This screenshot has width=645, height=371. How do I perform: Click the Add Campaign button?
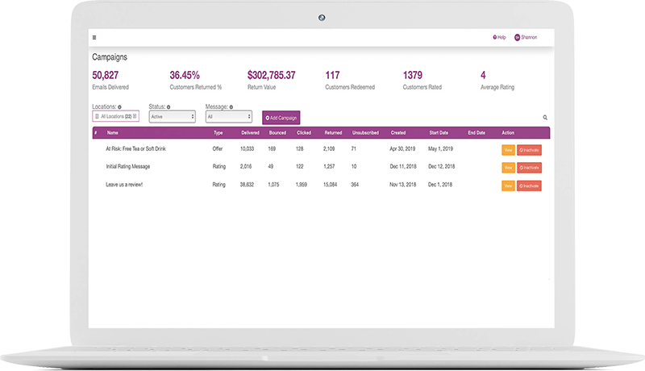tap(281, 118)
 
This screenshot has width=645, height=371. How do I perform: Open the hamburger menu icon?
tap(94, 37)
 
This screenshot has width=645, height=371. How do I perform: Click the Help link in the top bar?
tap(499, 37)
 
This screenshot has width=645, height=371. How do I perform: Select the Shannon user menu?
tap(526, 37)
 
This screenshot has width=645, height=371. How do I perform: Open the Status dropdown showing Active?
tap(172, 117)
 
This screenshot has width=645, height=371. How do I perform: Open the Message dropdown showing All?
tap(229, 117)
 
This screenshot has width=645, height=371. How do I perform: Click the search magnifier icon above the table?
tap(545, 118)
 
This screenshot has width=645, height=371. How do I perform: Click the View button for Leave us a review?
tap(508, 185)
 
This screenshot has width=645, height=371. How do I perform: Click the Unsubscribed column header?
tap(365, 132)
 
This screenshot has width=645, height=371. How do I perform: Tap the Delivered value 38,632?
tap(250, 185)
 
